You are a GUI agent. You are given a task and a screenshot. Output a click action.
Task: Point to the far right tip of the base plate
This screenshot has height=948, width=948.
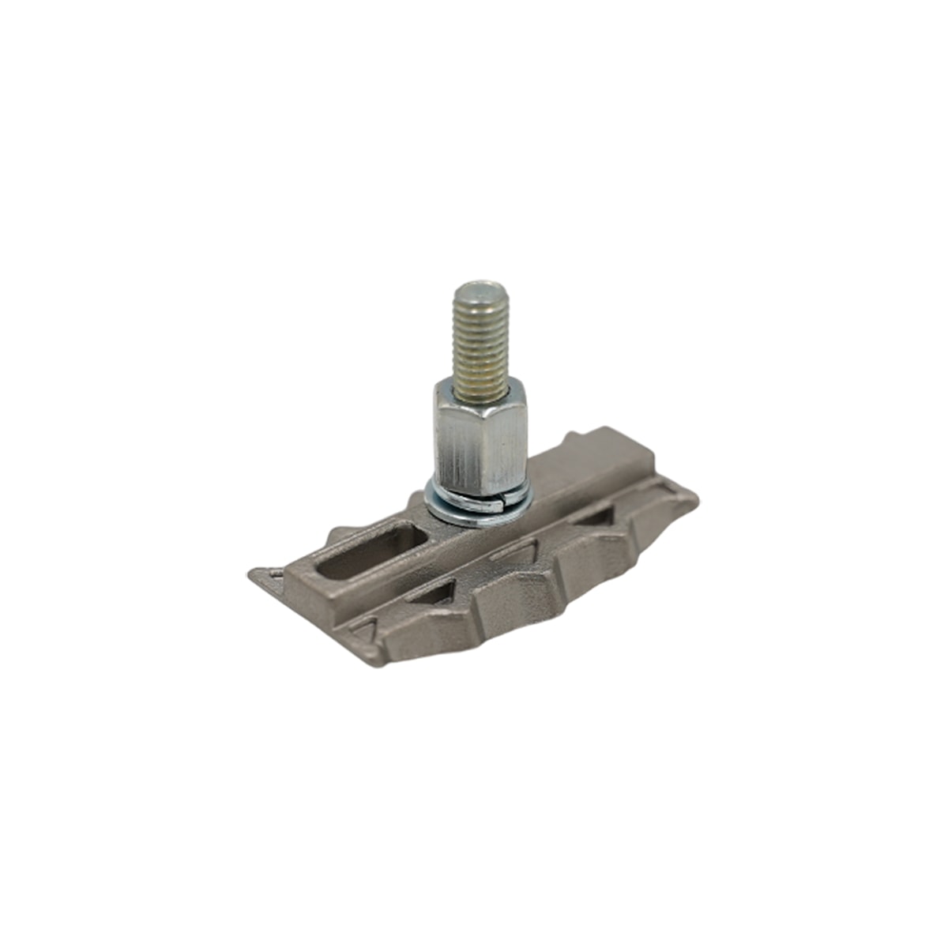point(695,498)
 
